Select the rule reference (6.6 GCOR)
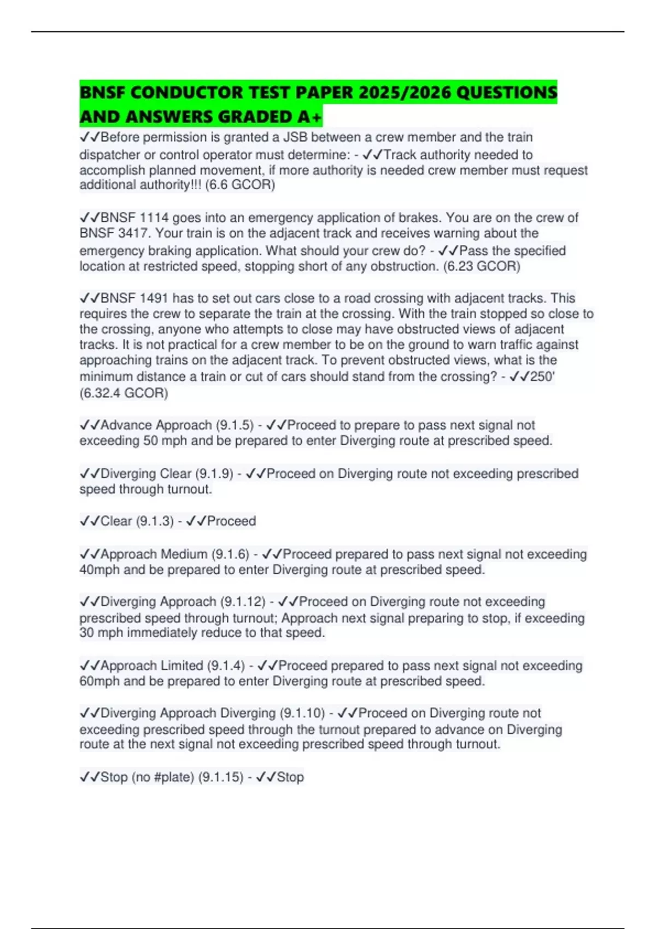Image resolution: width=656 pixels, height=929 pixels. click(x=240, y=185)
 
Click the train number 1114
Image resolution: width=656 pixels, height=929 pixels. click(x=154, y=217)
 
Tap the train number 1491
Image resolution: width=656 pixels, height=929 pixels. click(x=154, y=298)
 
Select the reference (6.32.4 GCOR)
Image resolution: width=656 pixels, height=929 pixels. click(x=124, y=393)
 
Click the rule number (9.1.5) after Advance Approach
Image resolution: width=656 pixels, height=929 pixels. click(x=235, y=425)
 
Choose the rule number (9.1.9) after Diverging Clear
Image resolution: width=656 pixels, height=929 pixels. click(x=214, y=473)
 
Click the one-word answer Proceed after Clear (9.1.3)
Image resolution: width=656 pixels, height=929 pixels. click(x=231, y=521)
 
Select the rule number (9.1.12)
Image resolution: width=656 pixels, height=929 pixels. click(x=243, y=602)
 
